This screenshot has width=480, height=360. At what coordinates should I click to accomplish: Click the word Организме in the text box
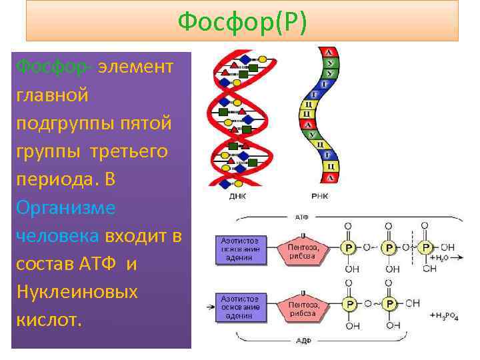(65, 208)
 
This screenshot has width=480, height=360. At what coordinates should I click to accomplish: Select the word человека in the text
(57, 236)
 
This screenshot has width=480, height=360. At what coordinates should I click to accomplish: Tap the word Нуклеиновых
(77, 291)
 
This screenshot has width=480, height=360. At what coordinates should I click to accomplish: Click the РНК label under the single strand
(319, 196)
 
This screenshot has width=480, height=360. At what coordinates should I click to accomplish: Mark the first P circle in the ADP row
(349, 305)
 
